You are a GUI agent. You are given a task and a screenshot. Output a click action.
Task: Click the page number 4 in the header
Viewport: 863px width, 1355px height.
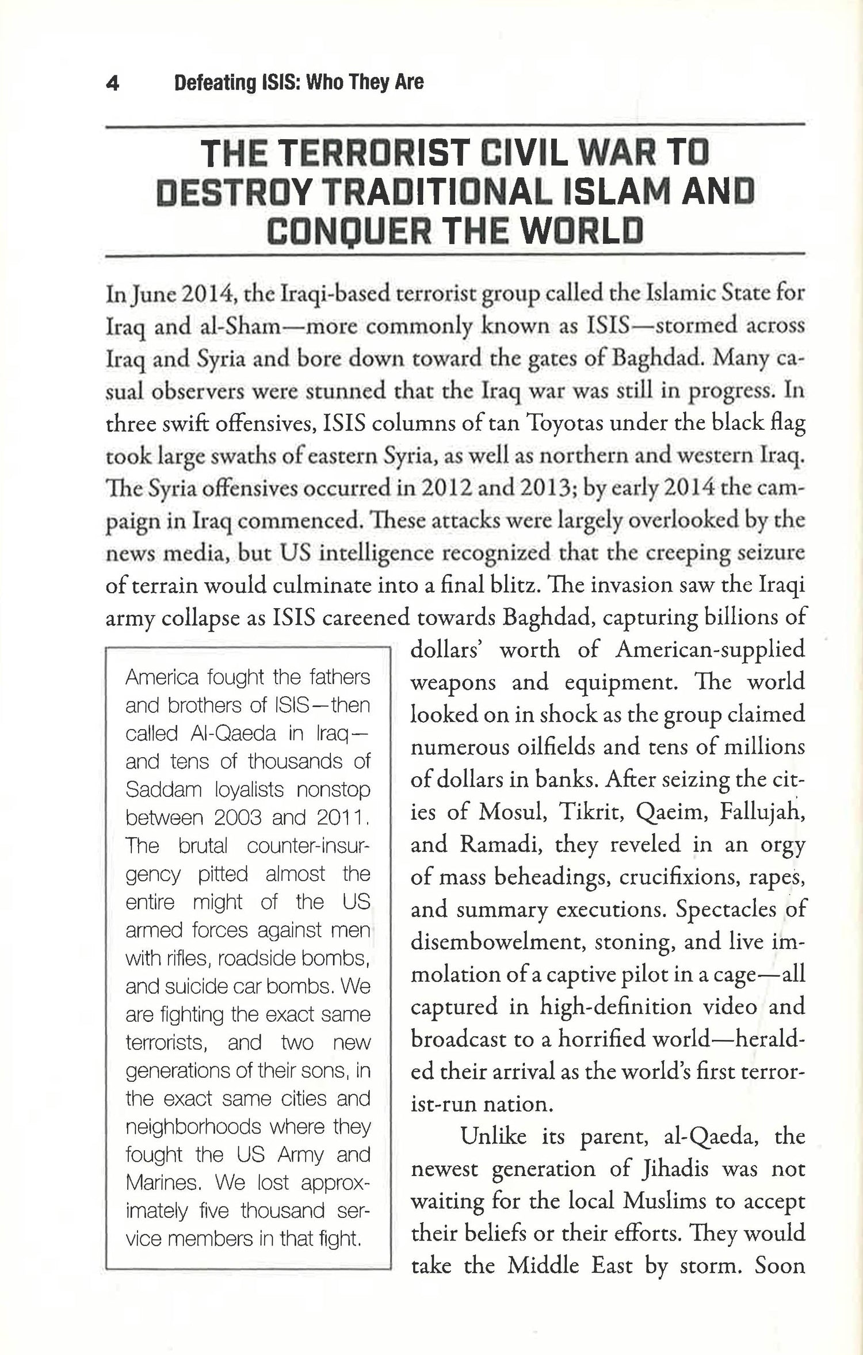click(113, 84)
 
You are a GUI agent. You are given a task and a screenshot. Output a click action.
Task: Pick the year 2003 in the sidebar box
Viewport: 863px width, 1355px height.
click(237, 818)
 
